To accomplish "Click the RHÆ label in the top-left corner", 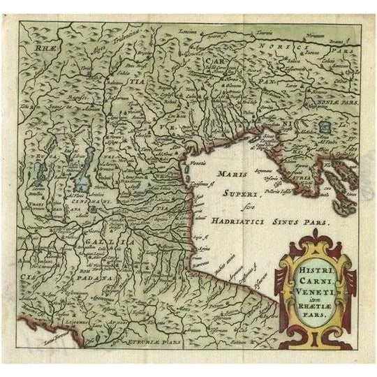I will click(35, 50).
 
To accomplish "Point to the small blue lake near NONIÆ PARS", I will click(324, 127).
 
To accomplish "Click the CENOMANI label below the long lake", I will click(91, 202).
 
